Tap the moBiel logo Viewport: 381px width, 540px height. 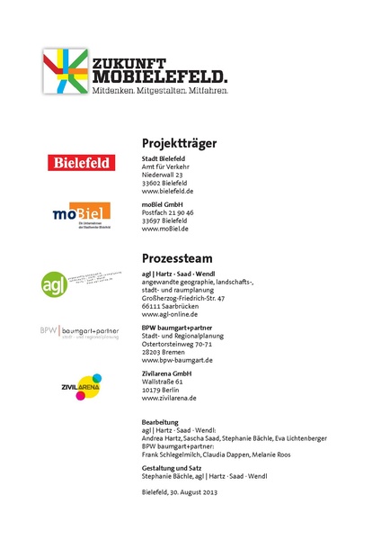(81, 213)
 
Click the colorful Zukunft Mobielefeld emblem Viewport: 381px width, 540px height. (65, 72)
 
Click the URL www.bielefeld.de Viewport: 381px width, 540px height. (168, 192)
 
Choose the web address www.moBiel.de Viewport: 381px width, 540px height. (165, 229)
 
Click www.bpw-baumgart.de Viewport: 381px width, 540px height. (177, 360)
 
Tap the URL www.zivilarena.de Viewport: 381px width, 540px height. (169, 398)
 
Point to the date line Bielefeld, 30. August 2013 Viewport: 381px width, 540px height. (180, 492)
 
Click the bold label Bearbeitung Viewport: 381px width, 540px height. (162, 421)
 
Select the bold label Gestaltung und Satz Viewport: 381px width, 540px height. (173, 468)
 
